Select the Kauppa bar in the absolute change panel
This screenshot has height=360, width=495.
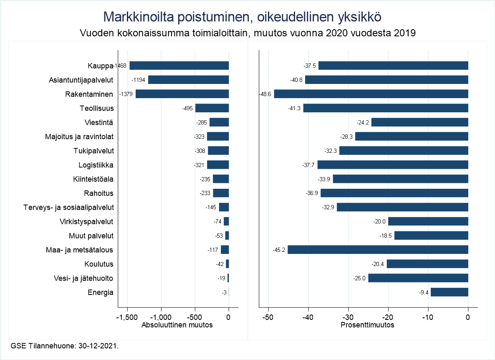(179, 66)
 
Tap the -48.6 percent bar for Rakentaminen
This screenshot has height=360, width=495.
(371, 94)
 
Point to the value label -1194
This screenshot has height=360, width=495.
(138, 80)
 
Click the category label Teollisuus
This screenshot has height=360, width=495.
(97, 108)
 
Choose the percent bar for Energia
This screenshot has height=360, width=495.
(449, 292)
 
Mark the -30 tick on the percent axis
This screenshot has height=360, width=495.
(348, 317)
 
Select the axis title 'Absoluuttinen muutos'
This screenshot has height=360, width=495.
(177, 325)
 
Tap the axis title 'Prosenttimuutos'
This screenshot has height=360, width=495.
(368, 325)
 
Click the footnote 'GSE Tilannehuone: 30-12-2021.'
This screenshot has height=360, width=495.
(65, 346)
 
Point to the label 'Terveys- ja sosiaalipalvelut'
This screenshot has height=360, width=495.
(69, 207)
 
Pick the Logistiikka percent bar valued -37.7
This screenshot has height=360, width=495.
(393, 165)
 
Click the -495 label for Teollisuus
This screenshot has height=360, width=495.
(187, 108)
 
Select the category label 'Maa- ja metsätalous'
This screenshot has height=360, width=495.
(80, 250)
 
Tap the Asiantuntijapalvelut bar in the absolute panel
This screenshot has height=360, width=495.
(188, 80)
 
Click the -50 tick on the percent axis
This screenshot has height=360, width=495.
(268, 317)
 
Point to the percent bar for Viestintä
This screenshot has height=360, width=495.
(419, 122)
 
